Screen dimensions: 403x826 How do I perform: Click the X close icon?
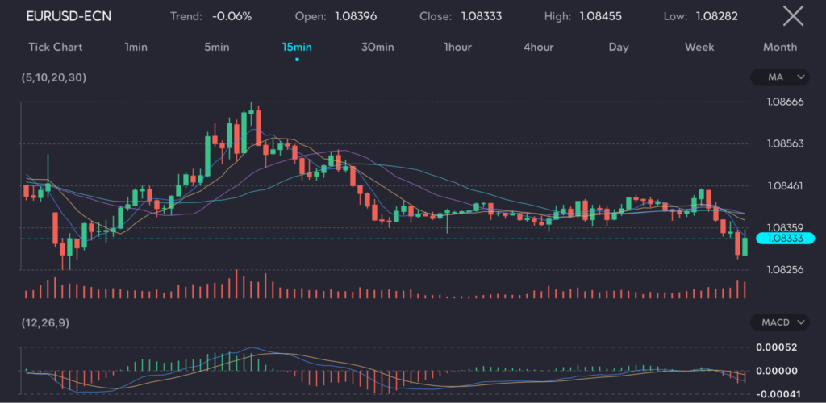(x=793, y=15)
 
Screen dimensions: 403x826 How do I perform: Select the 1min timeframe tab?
(x=136, y=47)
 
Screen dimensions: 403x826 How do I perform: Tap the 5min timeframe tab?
(x=216, y=47)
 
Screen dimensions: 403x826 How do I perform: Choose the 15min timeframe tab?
(x=297, y=47)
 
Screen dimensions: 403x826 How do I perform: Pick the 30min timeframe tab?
(x=378, y=47)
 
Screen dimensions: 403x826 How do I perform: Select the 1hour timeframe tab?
(x=457, y=47)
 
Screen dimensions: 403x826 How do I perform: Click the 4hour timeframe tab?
(x=538, y=47)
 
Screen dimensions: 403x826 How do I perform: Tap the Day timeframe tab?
(x=619, y=47)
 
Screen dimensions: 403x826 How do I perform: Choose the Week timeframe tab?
(x=699, y=47)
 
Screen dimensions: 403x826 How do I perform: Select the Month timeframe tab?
(x=780, y=47)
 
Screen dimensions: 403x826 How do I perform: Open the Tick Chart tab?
(x=56, y=47)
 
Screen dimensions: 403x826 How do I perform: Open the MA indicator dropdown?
(x=778, y=77)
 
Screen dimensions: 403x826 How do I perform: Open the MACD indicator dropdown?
(x=778, y=322)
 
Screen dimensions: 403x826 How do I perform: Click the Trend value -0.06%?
(x=232, y=16)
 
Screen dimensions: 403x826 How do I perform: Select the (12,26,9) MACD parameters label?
(x=45, y=322)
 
